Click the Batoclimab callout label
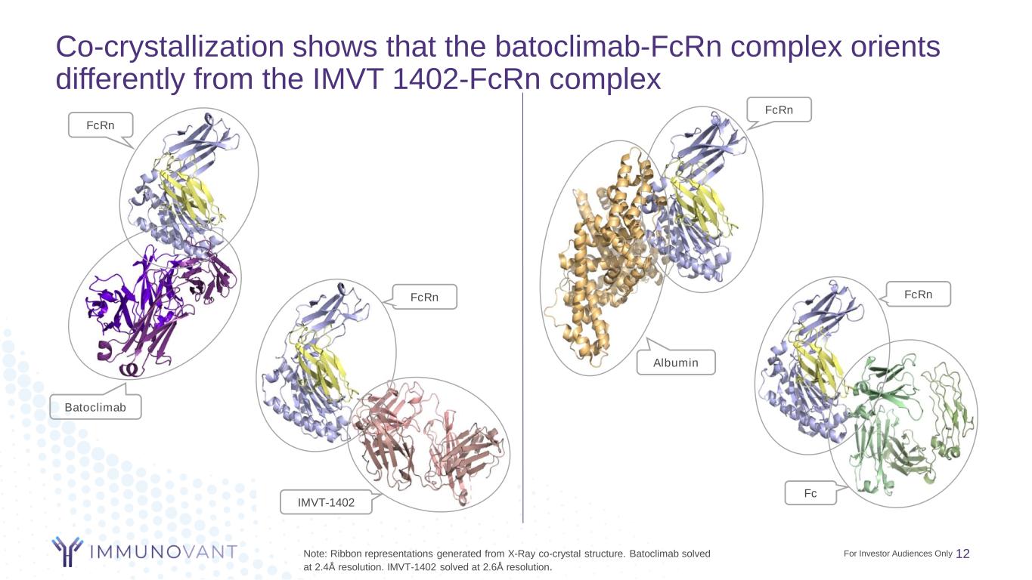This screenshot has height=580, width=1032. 95,407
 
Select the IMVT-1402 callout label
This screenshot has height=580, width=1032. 326,502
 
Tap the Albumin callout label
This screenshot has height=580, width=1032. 676,362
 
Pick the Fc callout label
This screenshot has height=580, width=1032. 810,493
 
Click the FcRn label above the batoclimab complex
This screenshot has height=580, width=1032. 101,125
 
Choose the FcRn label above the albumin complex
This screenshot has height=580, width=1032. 779,110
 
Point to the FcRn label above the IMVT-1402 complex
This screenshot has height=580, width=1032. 424,298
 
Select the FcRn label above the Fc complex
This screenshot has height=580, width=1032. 918,295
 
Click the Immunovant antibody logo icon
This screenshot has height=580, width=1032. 67,551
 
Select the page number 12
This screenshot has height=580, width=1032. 963,554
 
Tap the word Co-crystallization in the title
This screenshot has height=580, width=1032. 169,47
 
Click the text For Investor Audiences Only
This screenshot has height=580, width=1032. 898,554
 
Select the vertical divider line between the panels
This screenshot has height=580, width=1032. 523,307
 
